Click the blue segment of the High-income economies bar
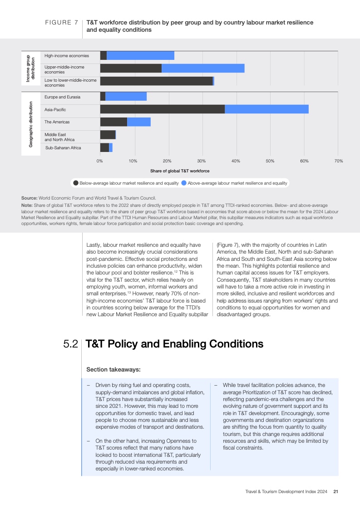(x=140, y=55)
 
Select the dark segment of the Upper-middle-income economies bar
(x=131, y=68)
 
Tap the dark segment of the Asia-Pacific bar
(x=162, y=109)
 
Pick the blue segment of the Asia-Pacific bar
(x=266, y=109)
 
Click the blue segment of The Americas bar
(x=139, y=122)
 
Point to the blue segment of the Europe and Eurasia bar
(x=126, y=97)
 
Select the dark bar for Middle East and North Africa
(x=108, y=135)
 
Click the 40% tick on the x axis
(x=236, y=161)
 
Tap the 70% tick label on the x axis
(x=338, y=161)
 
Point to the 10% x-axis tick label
(x=133, y=161)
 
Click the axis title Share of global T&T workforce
(x=180, y=171)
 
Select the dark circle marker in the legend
(x=76, y=183)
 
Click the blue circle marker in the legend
(x=184, y=183)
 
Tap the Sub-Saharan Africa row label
(x=63, y=148)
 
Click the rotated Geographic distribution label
(x=31, y=124)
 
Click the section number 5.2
(x=71, y=344)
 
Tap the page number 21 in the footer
(x=335, y=491)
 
